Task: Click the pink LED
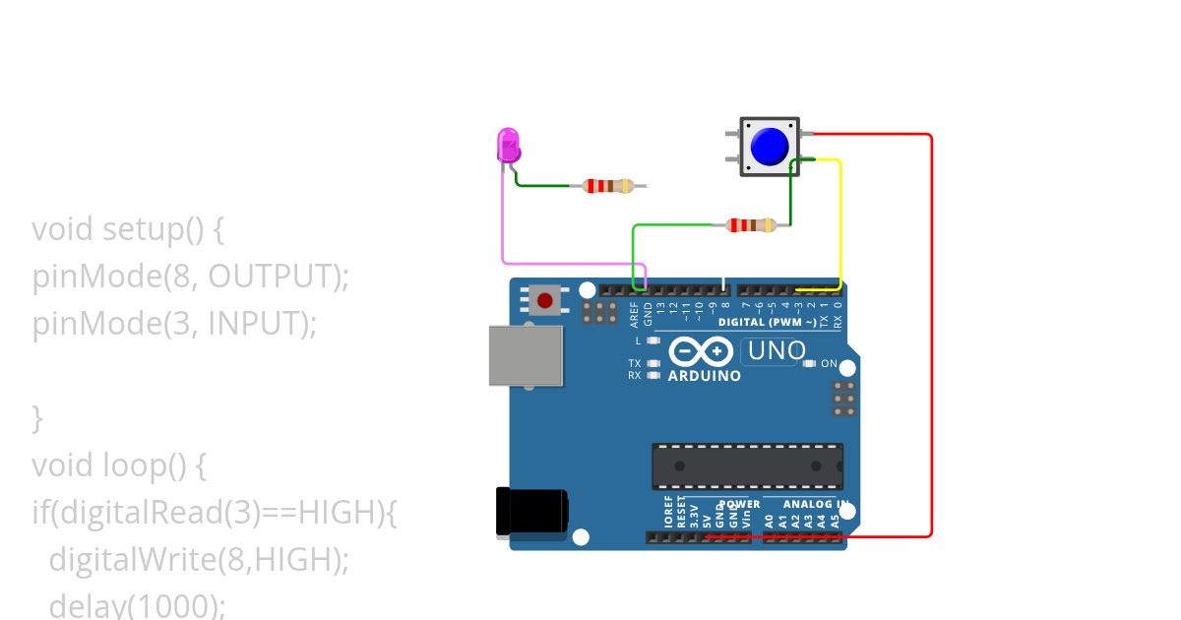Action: [508, 146]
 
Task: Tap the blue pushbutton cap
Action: [769, 147]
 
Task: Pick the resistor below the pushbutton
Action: [751, 225]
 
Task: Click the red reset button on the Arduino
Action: [544, 299]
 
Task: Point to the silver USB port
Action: [526, 355]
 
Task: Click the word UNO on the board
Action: [777, 350]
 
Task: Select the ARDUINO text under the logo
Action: [704, 375]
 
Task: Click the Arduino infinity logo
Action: [701, 351]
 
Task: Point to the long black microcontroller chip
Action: [747, 465]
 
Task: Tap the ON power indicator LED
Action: [809, 364]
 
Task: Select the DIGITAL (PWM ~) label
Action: [768, 322]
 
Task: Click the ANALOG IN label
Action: [815, 504]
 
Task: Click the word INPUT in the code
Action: [260, 323]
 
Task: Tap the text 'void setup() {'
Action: [129, 229]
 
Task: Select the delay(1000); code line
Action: [137, 605]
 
